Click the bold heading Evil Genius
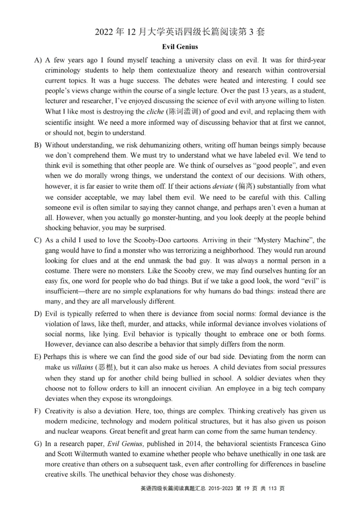(180, 46)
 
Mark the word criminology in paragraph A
(65, 71)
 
